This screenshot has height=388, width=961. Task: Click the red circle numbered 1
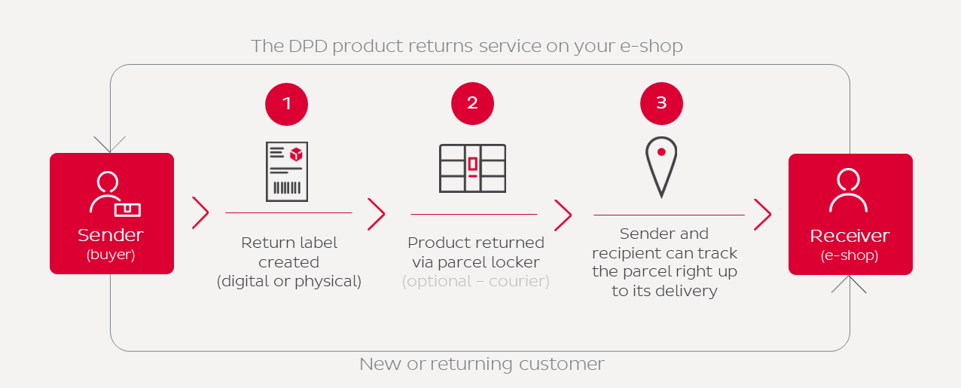[x=287, y=103]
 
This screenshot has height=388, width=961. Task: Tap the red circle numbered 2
[x=472, y=103]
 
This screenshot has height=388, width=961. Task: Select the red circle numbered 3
[x=661, y=103]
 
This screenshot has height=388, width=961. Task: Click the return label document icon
[x=287, y=171]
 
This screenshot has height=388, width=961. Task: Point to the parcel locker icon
[x=472, y=168]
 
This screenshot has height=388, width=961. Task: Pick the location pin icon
[x=661, y=167]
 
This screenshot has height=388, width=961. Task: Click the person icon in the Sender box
[x=112, y=194]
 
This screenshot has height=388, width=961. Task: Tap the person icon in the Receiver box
[x=849, y=191]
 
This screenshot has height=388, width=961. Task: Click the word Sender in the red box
[x=111, y=235]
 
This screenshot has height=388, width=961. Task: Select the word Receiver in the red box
[x=850, y=236]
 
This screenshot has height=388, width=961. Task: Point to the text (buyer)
[x=111, y=255]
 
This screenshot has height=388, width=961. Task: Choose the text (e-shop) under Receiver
[x=850, y=255]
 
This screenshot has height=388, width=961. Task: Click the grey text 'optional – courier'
[x=475, y=282]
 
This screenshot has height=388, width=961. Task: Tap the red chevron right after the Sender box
[x=200, y=213]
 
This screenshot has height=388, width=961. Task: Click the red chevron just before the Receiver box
[x=762, y=215]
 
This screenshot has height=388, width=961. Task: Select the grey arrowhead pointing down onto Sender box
[x=111, y=145]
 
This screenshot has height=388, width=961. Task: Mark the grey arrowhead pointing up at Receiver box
[x=850, y=283]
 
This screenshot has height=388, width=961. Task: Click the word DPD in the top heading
[x=307, y=46]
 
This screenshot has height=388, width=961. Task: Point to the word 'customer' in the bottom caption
[x=562, y=365]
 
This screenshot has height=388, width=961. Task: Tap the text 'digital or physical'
[x=289, y=282]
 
